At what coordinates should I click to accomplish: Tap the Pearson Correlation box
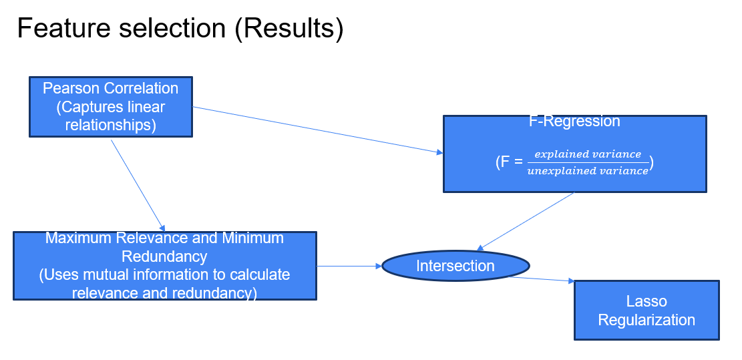111,107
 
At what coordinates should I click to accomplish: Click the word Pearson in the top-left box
71,88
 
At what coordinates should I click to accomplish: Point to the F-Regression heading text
574,121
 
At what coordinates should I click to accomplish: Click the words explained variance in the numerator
588,154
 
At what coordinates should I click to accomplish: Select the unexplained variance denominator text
587,171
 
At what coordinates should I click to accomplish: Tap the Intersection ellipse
455,266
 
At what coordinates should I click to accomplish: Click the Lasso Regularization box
646,310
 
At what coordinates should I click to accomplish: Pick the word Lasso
646,301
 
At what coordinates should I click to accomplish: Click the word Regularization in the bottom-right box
646,320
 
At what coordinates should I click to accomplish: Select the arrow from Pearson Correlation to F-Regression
317,130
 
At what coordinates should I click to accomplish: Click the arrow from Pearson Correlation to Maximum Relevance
138,186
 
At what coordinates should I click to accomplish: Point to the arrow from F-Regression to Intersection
525,221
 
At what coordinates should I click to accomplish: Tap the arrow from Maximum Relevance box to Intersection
349,266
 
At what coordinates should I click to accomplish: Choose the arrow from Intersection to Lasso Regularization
541,279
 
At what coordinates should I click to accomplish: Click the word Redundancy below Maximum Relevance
164,256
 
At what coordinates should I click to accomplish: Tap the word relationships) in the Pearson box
111,126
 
